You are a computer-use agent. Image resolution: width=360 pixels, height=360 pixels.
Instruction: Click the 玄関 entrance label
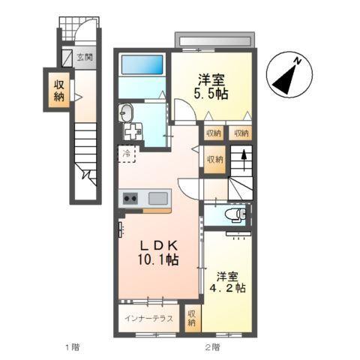click(84, 55)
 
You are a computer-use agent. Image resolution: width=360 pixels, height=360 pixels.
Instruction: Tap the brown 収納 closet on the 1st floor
click(58, 89)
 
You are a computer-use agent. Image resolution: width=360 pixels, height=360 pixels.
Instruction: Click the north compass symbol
click(288, 74)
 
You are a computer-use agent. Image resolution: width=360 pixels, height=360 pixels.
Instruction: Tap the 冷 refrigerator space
click(127, 155)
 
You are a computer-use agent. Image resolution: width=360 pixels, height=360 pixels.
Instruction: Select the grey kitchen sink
click(157, 199)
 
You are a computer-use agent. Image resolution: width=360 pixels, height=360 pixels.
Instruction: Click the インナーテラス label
click(150, 318)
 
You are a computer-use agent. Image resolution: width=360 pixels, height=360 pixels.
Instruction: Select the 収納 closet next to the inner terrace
click(192, 317)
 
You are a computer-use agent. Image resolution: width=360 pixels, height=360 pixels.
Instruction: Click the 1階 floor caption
click(72, 347)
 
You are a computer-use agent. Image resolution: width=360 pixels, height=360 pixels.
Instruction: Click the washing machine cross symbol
click(134, 132)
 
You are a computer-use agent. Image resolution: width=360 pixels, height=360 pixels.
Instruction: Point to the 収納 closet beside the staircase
click(214, 160)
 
